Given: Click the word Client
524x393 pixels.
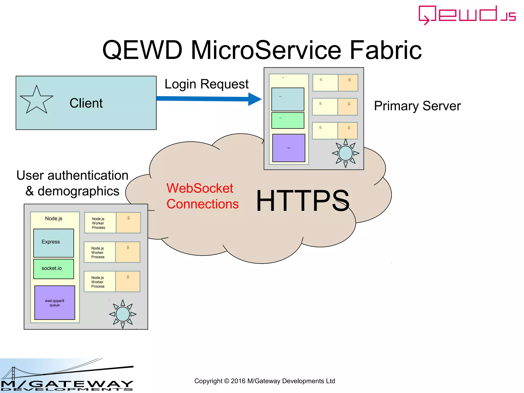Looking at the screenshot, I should [x=86, y=103].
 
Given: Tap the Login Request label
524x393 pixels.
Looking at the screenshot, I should [x=206, y=84].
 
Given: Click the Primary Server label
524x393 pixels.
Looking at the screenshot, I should [x=417, y=106].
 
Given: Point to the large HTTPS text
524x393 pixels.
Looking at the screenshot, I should [x=303, y=201].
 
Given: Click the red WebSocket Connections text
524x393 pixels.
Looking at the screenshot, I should [x=202, y=196].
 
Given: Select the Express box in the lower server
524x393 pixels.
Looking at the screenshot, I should [x=53, y=243].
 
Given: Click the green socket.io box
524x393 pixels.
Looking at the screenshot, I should [x=53, y=269].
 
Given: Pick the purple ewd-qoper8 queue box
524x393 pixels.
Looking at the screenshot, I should [x=54, y=303].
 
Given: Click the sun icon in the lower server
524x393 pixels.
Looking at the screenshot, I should [x=123, y=314].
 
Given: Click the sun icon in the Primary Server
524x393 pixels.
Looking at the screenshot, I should [x=345, y=153].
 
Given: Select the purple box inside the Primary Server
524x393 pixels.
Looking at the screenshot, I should [x=289, y=148].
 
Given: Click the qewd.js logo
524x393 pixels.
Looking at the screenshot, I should [x=467, y=15].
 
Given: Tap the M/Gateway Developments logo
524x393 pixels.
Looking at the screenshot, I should [x=67, y=376].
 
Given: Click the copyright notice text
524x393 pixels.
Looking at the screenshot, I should [x=265, y=381].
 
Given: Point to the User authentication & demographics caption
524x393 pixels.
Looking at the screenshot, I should [x=72, y=183].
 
